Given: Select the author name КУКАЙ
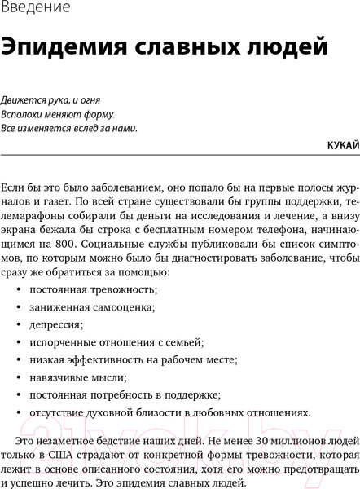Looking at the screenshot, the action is [x=342, y=145].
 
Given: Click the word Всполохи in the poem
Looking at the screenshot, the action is [x=22, y=114].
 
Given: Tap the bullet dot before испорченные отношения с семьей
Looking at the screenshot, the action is [x=18, y=342].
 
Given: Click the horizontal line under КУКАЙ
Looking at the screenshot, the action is [x=180, y=153].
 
